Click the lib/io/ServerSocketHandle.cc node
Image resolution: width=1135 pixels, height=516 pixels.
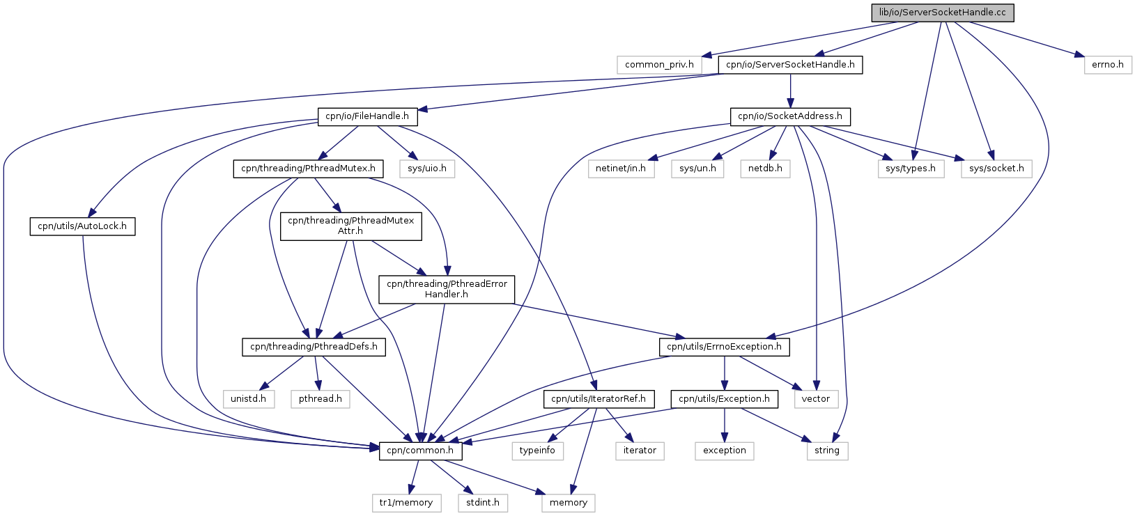(943, 13)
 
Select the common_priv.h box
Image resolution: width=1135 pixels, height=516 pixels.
(659, 65)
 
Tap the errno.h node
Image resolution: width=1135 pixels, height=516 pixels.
(1108, 65)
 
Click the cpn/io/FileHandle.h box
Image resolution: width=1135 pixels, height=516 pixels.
(367, 116)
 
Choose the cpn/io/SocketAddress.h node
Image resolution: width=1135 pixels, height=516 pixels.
(790, 116)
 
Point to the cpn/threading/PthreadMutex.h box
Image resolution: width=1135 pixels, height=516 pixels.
(308, 169)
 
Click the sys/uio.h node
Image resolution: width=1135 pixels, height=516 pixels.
(427, 169)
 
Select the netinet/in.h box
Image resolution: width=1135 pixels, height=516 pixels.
(621, 169)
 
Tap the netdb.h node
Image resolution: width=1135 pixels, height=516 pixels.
(765, 169)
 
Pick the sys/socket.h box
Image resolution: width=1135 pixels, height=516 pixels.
(996, 169)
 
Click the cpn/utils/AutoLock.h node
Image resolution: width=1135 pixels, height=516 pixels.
(83, 226)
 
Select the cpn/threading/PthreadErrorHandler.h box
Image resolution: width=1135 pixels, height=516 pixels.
(447, 290)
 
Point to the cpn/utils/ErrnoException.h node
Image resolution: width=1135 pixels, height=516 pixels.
(724, 347)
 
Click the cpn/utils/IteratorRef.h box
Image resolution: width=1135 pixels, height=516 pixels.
(599, 399)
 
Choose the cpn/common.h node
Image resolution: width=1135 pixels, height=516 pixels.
(420, 451)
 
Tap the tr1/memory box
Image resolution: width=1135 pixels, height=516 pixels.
(406, 503)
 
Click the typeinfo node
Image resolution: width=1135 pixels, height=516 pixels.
(538, 451)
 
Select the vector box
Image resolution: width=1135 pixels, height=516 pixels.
(816, 399)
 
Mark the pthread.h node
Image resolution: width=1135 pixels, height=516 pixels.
(321, 399)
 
